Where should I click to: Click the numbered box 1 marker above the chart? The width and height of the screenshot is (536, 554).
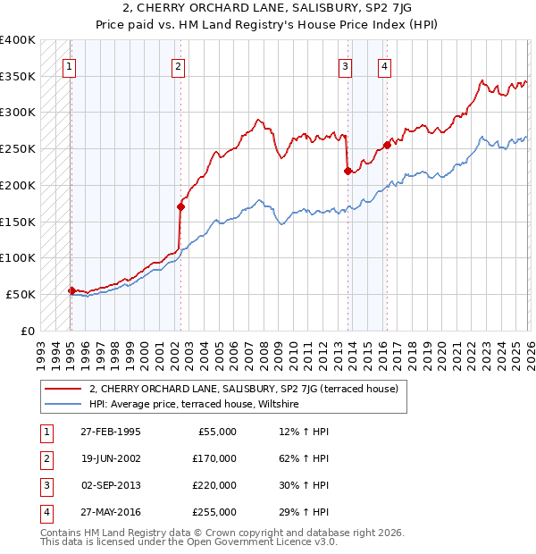tap(70, 65)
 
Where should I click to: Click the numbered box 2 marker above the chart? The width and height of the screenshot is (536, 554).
tap(179, 65)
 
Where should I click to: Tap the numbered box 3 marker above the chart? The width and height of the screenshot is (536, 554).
tap(345, 65)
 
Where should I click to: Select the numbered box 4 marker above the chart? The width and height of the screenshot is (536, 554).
tap(384, 65)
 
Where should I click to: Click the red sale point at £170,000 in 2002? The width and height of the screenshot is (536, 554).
tap(180, 206)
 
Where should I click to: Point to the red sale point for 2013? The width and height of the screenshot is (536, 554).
tap(348, 171)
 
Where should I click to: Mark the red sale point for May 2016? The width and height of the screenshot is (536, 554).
tap(387, 145)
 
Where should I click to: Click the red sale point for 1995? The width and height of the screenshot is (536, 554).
tap(71, 290)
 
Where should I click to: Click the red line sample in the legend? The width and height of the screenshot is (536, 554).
tap(63, 388)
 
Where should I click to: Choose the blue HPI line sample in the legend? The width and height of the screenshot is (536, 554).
tap(63, 404)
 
